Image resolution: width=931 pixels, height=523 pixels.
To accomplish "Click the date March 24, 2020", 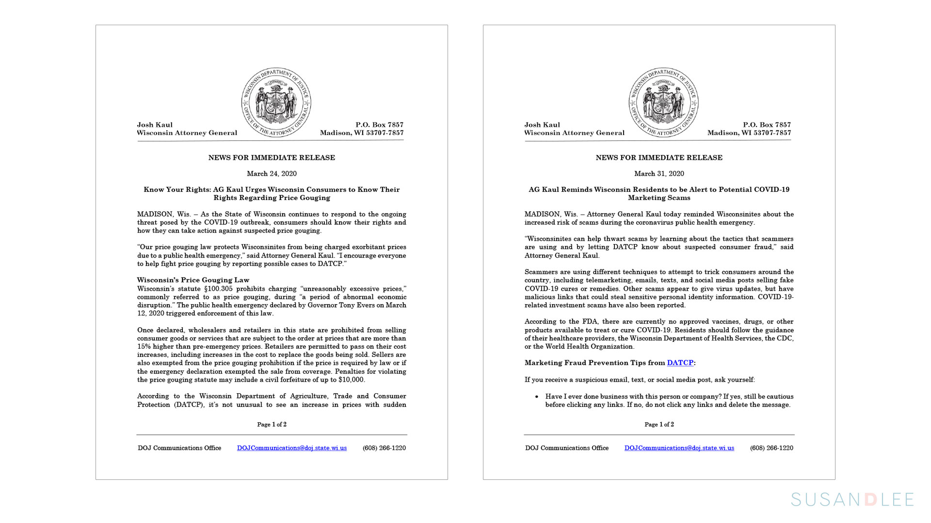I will click(272, 174).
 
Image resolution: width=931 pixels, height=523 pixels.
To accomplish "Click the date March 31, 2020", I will click(659, 174).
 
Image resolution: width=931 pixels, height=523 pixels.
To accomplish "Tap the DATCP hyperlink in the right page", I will click(680, 363).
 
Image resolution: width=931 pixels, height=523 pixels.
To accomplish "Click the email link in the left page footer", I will click(291, 448).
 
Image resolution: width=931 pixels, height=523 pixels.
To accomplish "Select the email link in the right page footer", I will click(679, 448).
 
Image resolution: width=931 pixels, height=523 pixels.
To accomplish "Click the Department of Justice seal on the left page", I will click(276, 102).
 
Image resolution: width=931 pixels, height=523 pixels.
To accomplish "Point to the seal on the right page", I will click(663, 102).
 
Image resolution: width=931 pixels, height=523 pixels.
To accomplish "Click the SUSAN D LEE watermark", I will click(852, 499).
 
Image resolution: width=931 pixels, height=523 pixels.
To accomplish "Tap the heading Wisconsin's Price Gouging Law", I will click(193, 280).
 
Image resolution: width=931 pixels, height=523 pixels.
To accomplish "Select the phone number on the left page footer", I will click(384, 448).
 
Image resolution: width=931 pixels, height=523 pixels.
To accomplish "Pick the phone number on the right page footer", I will click(771, 448).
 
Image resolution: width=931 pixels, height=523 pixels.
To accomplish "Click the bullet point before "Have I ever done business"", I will click(537, 397).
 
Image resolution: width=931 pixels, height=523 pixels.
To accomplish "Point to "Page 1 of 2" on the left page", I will click(272, 425).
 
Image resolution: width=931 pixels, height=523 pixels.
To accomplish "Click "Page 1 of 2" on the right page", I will click(659, 425).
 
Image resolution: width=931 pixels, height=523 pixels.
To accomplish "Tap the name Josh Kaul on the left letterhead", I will click(155, 125).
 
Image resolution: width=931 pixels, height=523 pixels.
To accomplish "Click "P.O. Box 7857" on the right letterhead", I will click(767, 125).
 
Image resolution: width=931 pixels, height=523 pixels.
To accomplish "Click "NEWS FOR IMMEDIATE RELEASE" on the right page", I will click(659, 158).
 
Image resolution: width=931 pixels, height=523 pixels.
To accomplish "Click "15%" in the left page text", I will click(144, 347).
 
